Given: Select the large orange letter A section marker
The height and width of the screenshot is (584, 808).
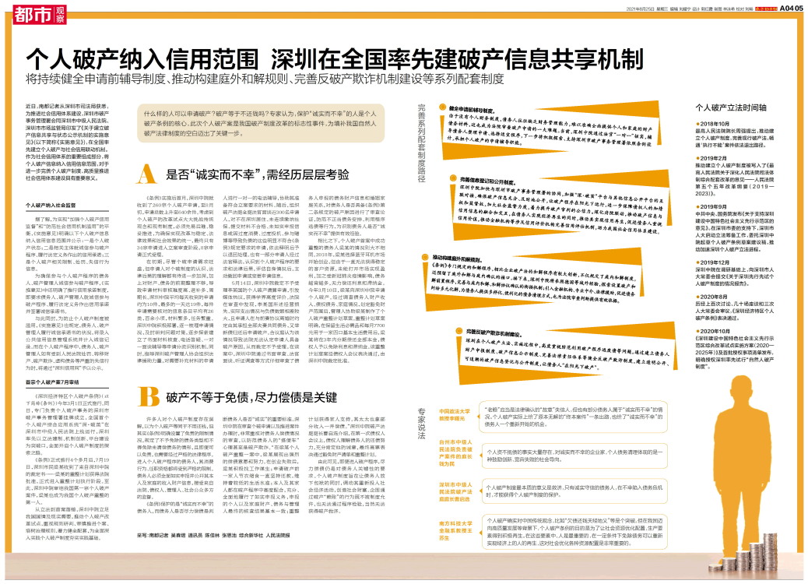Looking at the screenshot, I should click(x=147, y=173).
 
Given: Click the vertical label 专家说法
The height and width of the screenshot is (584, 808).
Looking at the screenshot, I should click(x=421, y=421).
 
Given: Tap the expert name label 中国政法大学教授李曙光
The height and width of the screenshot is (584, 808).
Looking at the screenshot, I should click(x=455, y=414).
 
